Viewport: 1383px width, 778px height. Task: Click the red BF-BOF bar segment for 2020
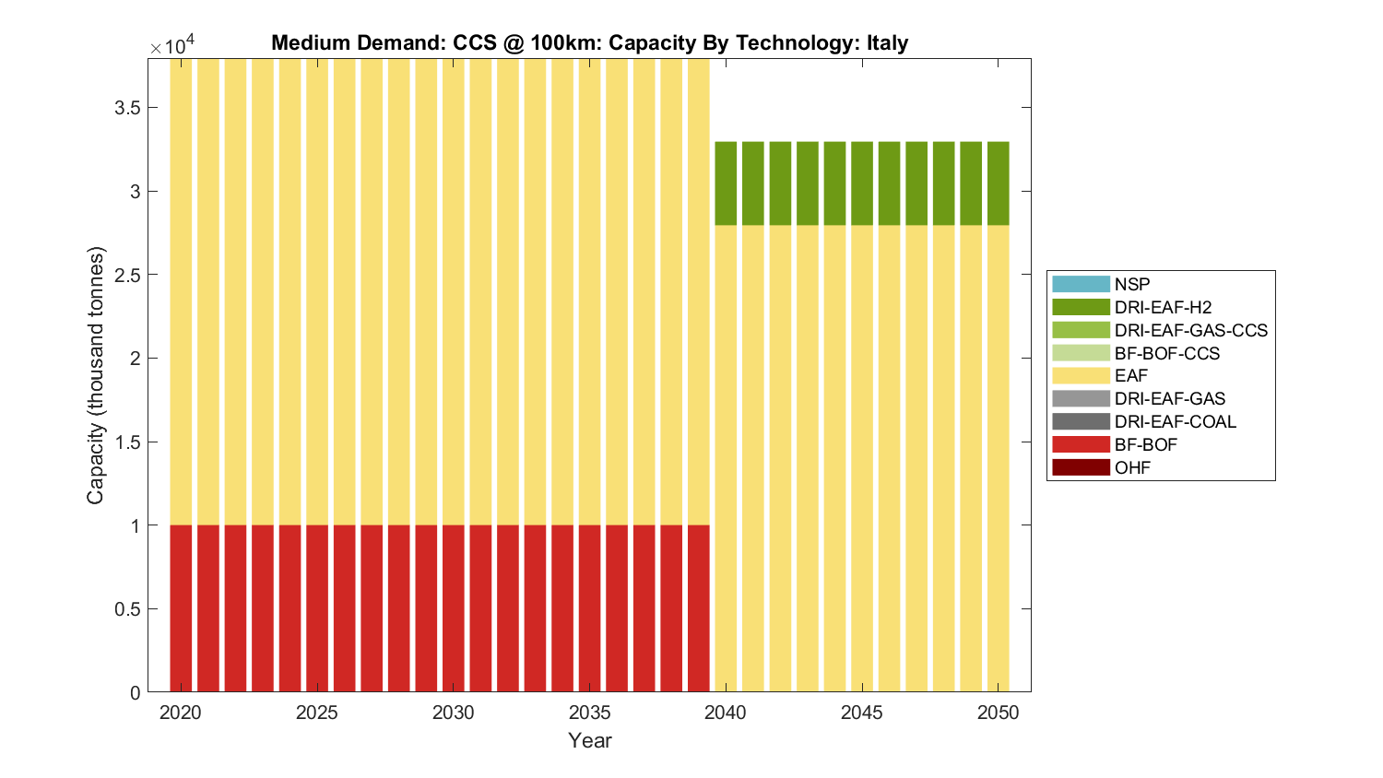point(181,608)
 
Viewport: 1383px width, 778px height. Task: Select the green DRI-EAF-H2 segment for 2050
point(998,183)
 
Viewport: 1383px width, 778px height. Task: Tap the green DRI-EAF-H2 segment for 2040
point(726,183)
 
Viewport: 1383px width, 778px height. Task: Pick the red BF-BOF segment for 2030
point(454,608)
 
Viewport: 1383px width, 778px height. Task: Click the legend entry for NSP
point(1131,284)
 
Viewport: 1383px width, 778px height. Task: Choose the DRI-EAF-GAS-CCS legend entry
point(1190,330)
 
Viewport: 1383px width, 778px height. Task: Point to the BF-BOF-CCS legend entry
point(1166,353)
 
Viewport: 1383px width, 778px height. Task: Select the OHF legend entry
point(1132,467)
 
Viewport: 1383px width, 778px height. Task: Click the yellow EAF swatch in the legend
point(1081,376)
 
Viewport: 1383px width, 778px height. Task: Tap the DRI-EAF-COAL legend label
point(1175,421)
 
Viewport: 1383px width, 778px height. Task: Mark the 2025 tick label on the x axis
point(317,713)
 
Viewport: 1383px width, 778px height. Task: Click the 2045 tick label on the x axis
point(861,713)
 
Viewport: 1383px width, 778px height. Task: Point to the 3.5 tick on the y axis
point(127,108)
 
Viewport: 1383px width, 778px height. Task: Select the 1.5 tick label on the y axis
point(127,442)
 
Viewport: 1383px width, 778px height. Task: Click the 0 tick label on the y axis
point(136,693)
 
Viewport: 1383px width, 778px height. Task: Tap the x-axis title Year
point(590,740)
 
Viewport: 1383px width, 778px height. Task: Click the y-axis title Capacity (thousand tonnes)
point(96,375)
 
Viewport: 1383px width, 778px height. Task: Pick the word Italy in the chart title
point(887,43)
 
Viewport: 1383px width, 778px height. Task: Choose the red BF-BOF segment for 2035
point(589,608)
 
